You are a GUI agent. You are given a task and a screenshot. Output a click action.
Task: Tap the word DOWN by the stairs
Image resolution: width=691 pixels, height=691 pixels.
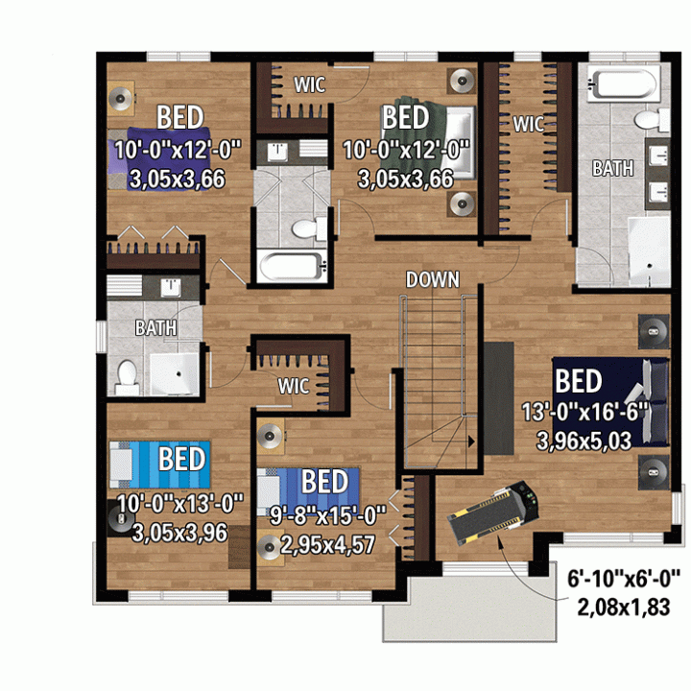point(432,280)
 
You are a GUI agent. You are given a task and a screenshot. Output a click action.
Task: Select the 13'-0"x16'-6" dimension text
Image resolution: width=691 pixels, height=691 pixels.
point(584,413)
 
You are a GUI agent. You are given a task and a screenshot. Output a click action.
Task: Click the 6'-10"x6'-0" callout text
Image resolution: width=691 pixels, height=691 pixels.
point(626,578)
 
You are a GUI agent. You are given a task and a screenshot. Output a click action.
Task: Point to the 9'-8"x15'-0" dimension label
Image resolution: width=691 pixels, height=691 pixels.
point(328,515)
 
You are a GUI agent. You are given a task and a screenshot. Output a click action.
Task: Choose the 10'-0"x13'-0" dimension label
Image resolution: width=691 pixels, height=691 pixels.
point(180,503)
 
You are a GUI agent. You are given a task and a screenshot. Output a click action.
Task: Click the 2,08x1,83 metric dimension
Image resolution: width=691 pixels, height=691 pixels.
point(624,608)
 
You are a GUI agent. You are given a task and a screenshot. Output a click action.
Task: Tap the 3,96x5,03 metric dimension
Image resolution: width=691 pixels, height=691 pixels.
point(584,441)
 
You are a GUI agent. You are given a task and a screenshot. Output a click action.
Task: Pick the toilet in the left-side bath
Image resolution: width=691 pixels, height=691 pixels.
point(128,377)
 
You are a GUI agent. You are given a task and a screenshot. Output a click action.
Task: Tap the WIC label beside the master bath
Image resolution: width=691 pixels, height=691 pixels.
point(528,124)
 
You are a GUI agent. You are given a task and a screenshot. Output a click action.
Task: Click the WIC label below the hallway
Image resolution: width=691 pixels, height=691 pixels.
point(293,386)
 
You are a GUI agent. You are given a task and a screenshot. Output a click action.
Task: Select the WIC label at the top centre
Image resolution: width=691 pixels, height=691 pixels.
point(310,84)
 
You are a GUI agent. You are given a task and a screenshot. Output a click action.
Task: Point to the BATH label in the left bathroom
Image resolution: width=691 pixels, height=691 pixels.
point(155,327)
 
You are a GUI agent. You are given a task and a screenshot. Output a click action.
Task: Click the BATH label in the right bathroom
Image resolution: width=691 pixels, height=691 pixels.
point(613,168)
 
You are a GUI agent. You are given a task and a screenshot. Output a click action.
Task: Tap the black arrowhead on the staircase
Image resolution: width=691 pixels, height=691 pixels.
point(471,441)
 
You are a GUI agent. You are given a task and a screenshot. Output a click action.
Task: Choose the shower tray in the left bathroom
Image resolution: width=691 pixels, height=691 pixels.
point(175,373)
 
